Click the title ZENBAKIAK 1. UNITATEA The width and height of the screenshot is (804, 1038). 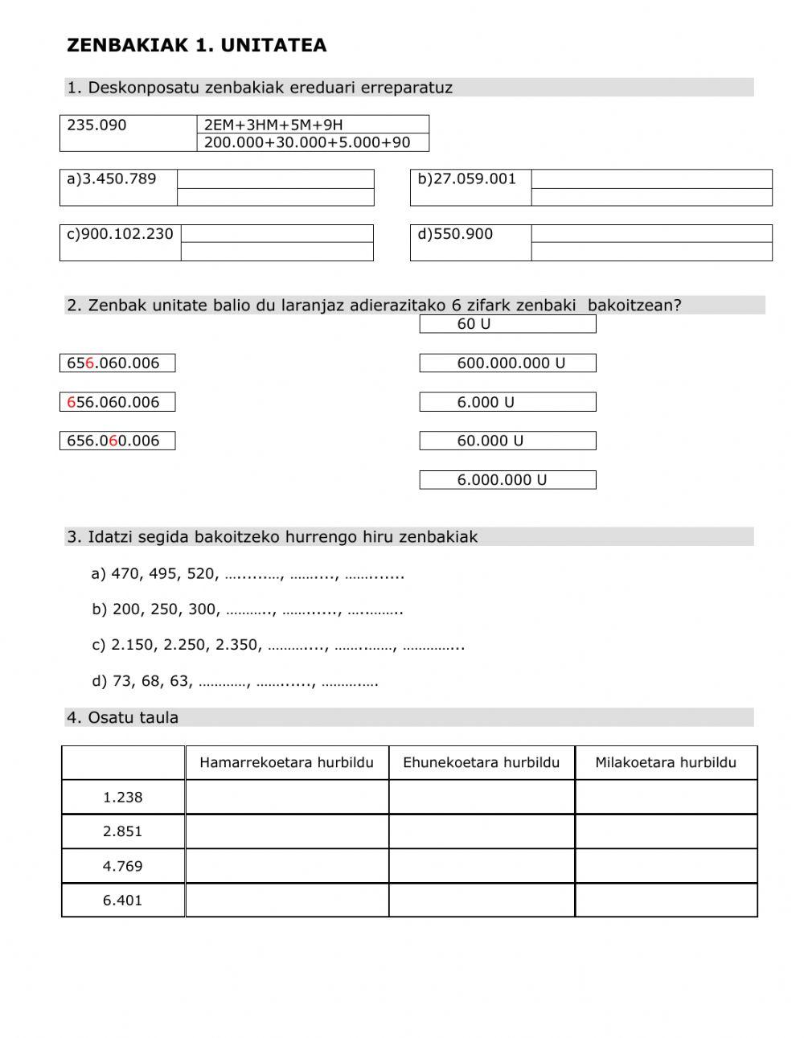(197, 46)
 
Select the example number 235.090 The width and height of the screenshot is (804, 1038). (96, 125)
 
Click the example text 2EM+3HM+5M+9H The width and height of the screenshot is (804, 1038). (273, 125)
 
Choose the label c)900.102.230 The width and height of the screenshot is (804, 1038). (120, 234)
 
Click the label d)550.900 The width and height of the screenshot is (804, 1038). (455, 234)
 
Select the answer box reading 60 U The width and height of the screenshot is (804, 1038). (507, 324)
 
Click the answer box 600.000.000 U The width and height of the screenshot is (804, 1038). (507, 363)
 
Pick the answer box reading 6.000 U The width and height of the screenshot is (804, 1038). (507, 402)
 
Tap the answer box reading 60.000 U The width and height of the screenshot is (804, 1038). (507, 441)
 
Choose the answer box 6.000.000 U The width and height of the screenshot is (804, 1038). (507, 480)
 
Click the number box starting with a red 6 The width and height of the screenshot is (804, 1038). (117, 402)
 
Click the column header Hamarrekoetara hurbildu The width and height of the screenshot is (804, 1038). (286, 763)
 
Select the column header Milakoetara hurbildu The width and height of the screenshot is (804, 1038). (666, 763)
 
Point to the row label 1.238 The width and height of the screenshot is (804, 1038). (122, 798)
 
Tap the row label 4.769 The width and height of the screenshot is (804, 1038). (122, 867)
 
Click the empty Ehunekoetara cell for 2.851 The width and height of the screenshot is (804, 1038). (482, 831)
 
